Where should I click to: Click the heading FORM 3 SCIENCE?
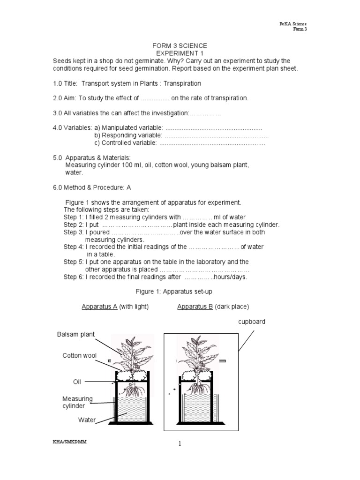180,45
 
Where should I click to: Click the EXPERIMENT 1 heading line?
180,53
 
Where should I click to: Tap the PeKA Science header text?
294,24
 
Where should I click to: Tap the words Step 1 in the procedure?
74,217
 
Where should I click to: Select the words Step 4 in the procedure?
74,247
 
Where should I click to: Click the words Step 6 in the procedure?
74,277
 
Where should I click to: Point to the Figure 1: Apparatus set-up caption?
174,292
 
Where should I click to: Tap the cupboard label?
252,322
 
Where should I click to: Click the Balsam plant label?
76,334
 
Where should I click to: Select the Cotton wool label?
80,356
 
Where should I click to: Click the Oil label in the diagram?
77,382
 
